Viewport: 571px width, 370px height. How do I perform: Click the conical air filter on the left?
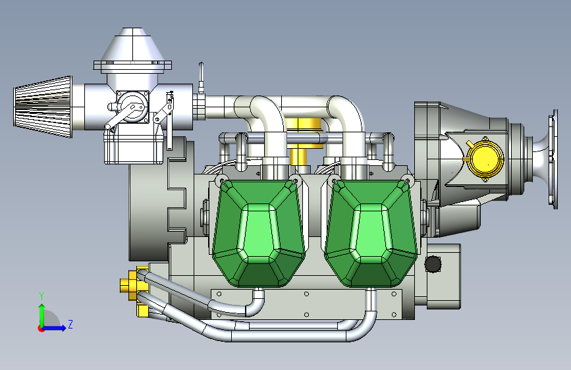[43, 107]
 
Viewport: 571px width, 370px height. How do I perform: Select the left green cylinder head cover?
[259, 233]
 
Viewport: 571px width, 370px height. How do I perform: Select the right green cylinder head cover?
[371, 233]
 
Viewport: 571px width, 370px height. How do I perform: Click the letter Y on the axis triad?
[41, 296]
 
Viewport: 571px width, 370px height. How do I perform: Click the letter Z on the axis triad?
[70, 324]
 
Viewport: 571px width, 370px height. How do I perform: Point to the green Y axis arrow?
[42, 316]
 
